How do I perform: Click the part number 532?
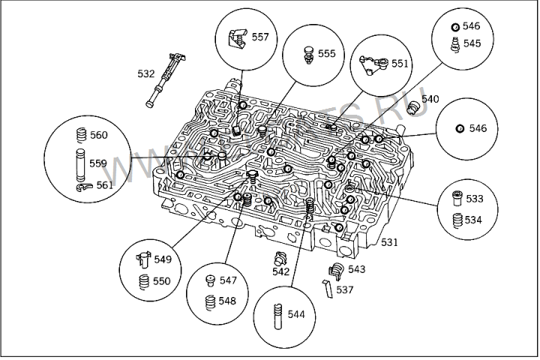pyautogui.click(x=145, y=73)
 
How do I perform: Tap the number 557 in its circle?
pyautogui.click(x=261, y=37)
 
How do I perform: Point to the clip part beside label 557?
pyautogui.click(x=238, y=38)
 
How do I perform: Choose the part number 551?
pyautogui.click(x=399, y=64)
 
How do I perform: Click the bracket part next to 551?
pyautogui.click(x=373, y=64)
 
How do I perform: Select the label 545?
pyautogui.click(x=471, y=43)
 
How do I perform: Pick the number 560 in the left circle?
pyautogui.click(x=98, y=135)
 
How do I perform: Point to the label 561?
pyautogui.click(x=104, y=184)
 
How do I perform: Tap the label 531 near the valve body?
pyautogui.click(x=389, y=242)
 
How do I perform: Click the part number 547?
pyautogui.click(x=227, y=280)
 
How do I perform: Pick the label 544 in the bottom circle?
pyautogui.click(x=296, y=314)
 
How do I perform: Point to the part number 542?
pyautogui.click(x=280, y=272)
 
